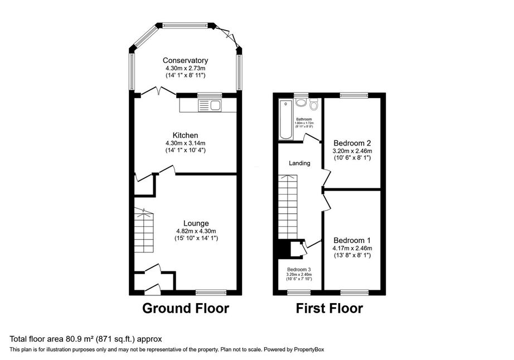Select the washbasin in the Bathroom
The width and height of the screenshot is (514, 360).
[x=302, y=103]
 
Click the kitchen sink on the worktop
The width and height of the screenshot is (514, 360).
[x=209, y=105]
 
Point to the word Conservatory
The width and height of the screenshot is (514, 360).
[x=185, y=60]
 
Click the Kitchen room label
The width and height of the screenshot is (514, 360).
[x=185, y=135]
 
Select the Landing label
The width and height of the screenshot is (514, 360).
[x=299, y=163]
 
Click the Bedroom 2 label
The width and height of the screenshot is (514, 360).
[x=352, y=142]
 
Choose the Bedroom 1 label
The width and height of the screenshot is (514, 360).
[x=352, y=240]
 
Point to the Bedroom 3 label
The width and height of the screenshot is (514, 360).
[x=299, y=269]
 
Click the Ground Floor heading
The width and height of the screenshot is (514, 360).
[x=186, y=308]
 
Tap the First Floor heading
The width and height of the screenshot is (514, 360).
[x=329, y=308]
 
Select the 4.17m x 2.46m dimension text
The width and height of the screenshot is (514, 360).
[x=352, y=248]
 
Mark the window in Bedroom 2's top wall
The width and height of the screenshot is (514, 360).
[x=352, y=95]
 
